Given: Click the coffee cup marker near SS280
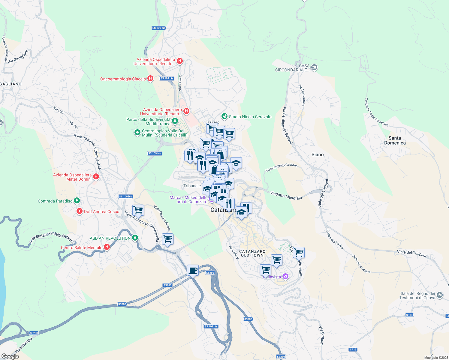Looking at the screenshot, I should tap(192, 270).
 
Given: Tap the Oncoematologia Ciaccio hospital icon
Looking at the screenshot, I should tap(150, 79).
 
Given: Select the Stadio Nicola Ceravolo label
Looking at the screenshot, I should tap(250, 117).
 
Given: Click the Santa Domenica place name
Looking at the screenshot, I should tap(395, 140).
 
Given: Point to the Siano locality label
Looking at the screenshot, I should tap(317, 154).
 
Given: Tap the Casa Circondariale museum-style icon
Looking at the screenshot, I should tap(314, 67).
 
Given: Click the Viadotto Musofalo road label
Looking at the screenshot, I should tap(286, 195).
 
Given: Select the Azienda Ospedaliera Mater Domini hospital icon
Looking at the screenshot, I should tap(96, 176).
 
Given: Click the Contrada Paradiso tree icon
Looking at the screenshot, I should tap(77, 201).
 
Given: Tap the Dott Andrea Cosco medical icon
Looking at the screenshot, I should tap(80, 211).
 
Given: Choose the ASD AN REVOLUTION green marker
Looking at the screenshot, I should tap(135, 238).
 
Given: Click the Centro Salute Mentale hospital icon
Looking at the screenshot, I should tap(107, 247).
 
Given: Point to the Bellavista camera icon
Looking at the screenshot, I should tap(285, 276).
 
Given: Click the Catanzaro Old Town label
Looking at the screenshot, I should tap(252, 253).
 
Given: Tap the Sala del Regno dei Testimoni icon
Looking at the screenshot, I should tap(440, 295).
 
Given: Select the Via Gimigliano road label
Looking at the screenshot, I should tap(18, 56).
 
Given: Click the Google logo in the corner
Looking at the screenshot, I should tap(10, 356).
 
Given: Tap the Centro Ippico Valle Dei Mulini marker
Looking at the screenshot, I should tap(137, 132).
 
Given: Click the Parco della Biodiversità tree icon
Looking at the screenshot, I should tap(175, 121).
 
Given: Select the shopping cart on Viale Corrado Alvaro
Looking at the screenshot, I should tap(167, 239).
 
